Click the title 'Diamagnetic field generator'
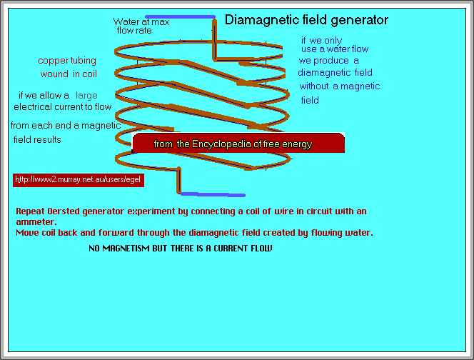click(x=306, y=20)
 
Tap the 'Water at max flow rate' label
click(x=141, y=26)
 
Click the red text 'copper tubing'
click(x=67, y=61)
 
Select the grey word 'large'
click(x=86, y=95)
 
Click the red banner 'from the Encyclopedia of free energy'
click(x=238, y=144)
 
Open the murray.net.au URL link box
click(x=79, y=180)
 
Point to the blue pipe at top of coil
click(x=180, y=16)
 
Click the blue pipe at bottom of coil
click(x=212, y=194)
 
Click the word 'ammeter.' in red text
click(x=35, y=222)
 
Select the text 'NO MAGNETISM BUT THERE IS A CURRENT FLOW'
click(x=180, y=248)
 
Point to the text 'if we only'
click(x=321, y=40)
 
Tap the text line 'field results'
click(x=37, y=139)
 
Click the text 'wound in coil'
click(x=69, y=74)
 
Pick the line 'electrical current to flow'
click(x=63, y=107)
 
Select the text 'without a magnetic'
click(x=339, y=86)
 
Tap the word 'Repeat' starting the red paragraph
click(x=30, y=211)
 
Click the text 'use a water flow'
click(x=335, y=49)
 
